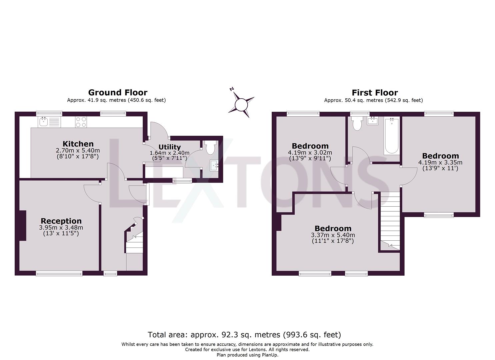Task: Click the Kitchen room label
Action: [78, 144]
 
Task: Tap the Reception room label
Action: [61, 221]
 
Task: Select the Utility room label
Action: [169, 147]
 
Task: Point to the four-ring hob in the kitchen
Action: [81, 122]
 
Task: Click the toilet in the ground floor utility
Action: [210, 147]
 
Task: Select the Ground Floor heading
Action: [117, 92]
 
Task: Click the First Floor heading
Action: [375, 92]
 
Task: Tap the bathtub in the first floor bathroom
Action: [391, 136]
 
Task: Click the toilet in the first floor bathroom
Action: [357, 123]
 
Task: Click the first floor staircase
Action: [390, 220]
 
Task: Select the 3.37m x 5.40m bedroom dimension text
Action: [333, 235]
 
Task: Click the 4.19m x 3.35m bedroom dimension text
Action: [440, 163]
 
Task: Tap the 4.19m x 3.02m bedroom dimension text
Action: [310, 153]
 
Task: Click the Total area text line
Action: [244, 334]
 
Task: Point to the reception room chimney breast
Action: [23, 225]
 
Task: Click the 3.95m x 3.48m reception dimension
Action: [61, 228]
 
